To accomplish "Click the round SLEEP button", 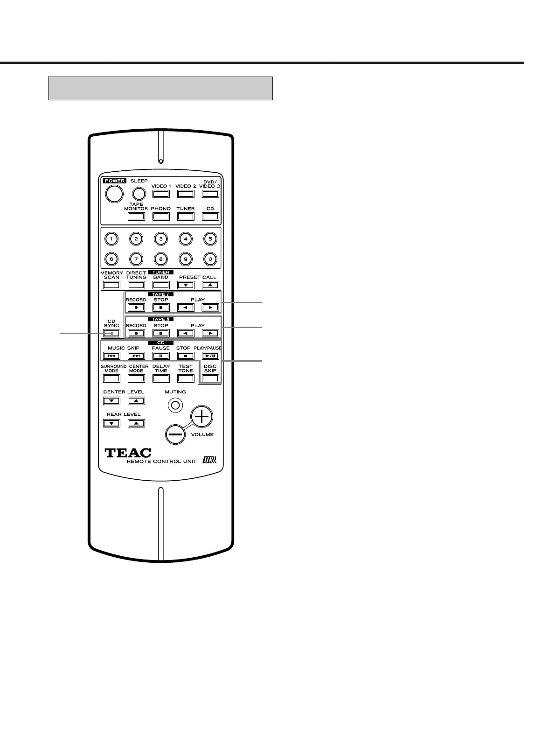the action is tap(139, 194).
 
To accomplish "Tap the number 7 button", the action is tap(136, 259).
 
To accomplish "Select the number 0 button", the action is tap(210, 259).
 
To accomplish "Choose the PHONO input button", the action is tap(160, 217).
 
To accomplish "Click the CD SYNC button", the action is tap(111, 333).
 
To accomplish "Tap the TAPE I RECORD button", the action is tap(136, 308).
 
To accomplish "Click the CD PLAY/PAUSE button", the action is tap(210, 356).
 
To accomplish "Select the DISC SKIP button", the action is tap(210, 378).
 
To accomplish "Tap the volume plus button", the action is tap(201, 416).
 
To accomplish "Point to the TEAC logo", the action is tap(128, 453).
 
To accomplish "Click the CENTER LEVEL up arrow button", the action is tap(136, 400).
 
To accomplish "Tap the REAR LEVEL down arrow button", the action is tap(111, 423).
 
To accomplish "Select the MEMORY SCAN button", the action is tap(111, 285).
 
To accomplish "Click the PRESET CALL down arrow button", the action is tap(186, 285).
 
